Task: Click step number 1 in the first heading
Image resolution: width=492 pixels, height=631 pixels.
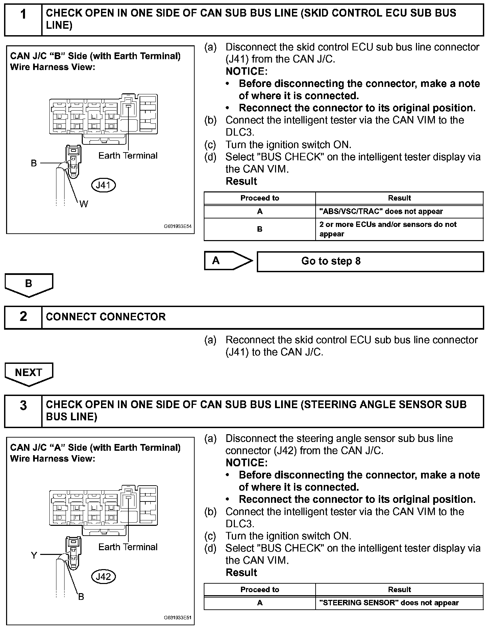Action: [x=23, y=15]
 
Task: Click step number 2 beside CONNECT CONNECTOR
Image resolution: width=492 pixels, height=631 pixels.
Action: [x=23, y=317]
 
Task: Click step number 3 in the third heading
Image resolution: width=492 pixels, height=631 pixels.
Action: [x=23, y=405]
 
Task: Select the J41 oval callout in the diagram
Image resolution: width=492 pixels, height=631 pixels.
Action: [x=103, y=185]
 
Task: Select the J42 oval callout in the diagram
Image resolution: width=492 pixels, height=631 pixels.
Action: [x=103, y=576]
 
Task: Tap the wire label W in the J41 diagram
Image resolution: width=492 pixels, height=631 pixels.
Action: [x=83, y=204]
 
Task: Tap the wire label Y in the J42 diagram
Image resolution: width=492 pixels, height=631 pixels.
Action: [x=34, y=555]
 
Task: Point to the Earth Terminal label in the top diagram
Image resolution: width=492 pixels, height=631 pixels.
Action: [x=128, y=156]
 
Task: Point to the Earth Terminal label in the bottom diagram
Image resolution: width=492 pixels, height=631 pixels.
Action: [x=128, y=547]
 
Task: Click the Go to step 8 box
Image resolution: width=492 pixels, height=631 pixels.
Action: [x=370, y=261]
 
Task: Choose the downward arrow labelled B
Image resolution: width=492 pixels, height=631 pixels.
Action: [x=29, y=284]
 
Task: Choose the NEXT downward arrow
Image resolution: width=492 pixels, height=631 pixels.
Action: [x=29, y=373]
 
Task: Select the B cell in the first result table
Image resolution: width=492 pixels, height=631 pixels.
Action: [x=260, y=229]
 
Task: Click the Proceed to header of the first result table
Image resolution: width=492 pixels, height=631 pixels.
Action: [x=260, y=198]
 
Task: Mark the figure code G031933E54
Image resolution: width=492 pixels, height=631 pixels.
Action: [x=177, y=227]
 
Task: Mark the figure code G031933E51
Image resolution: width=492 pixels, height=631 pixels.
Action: [x=177, y=618]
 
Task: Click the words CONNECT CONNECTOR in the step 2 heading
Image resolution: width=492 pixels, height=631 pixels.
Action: [x=106, y=317]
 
